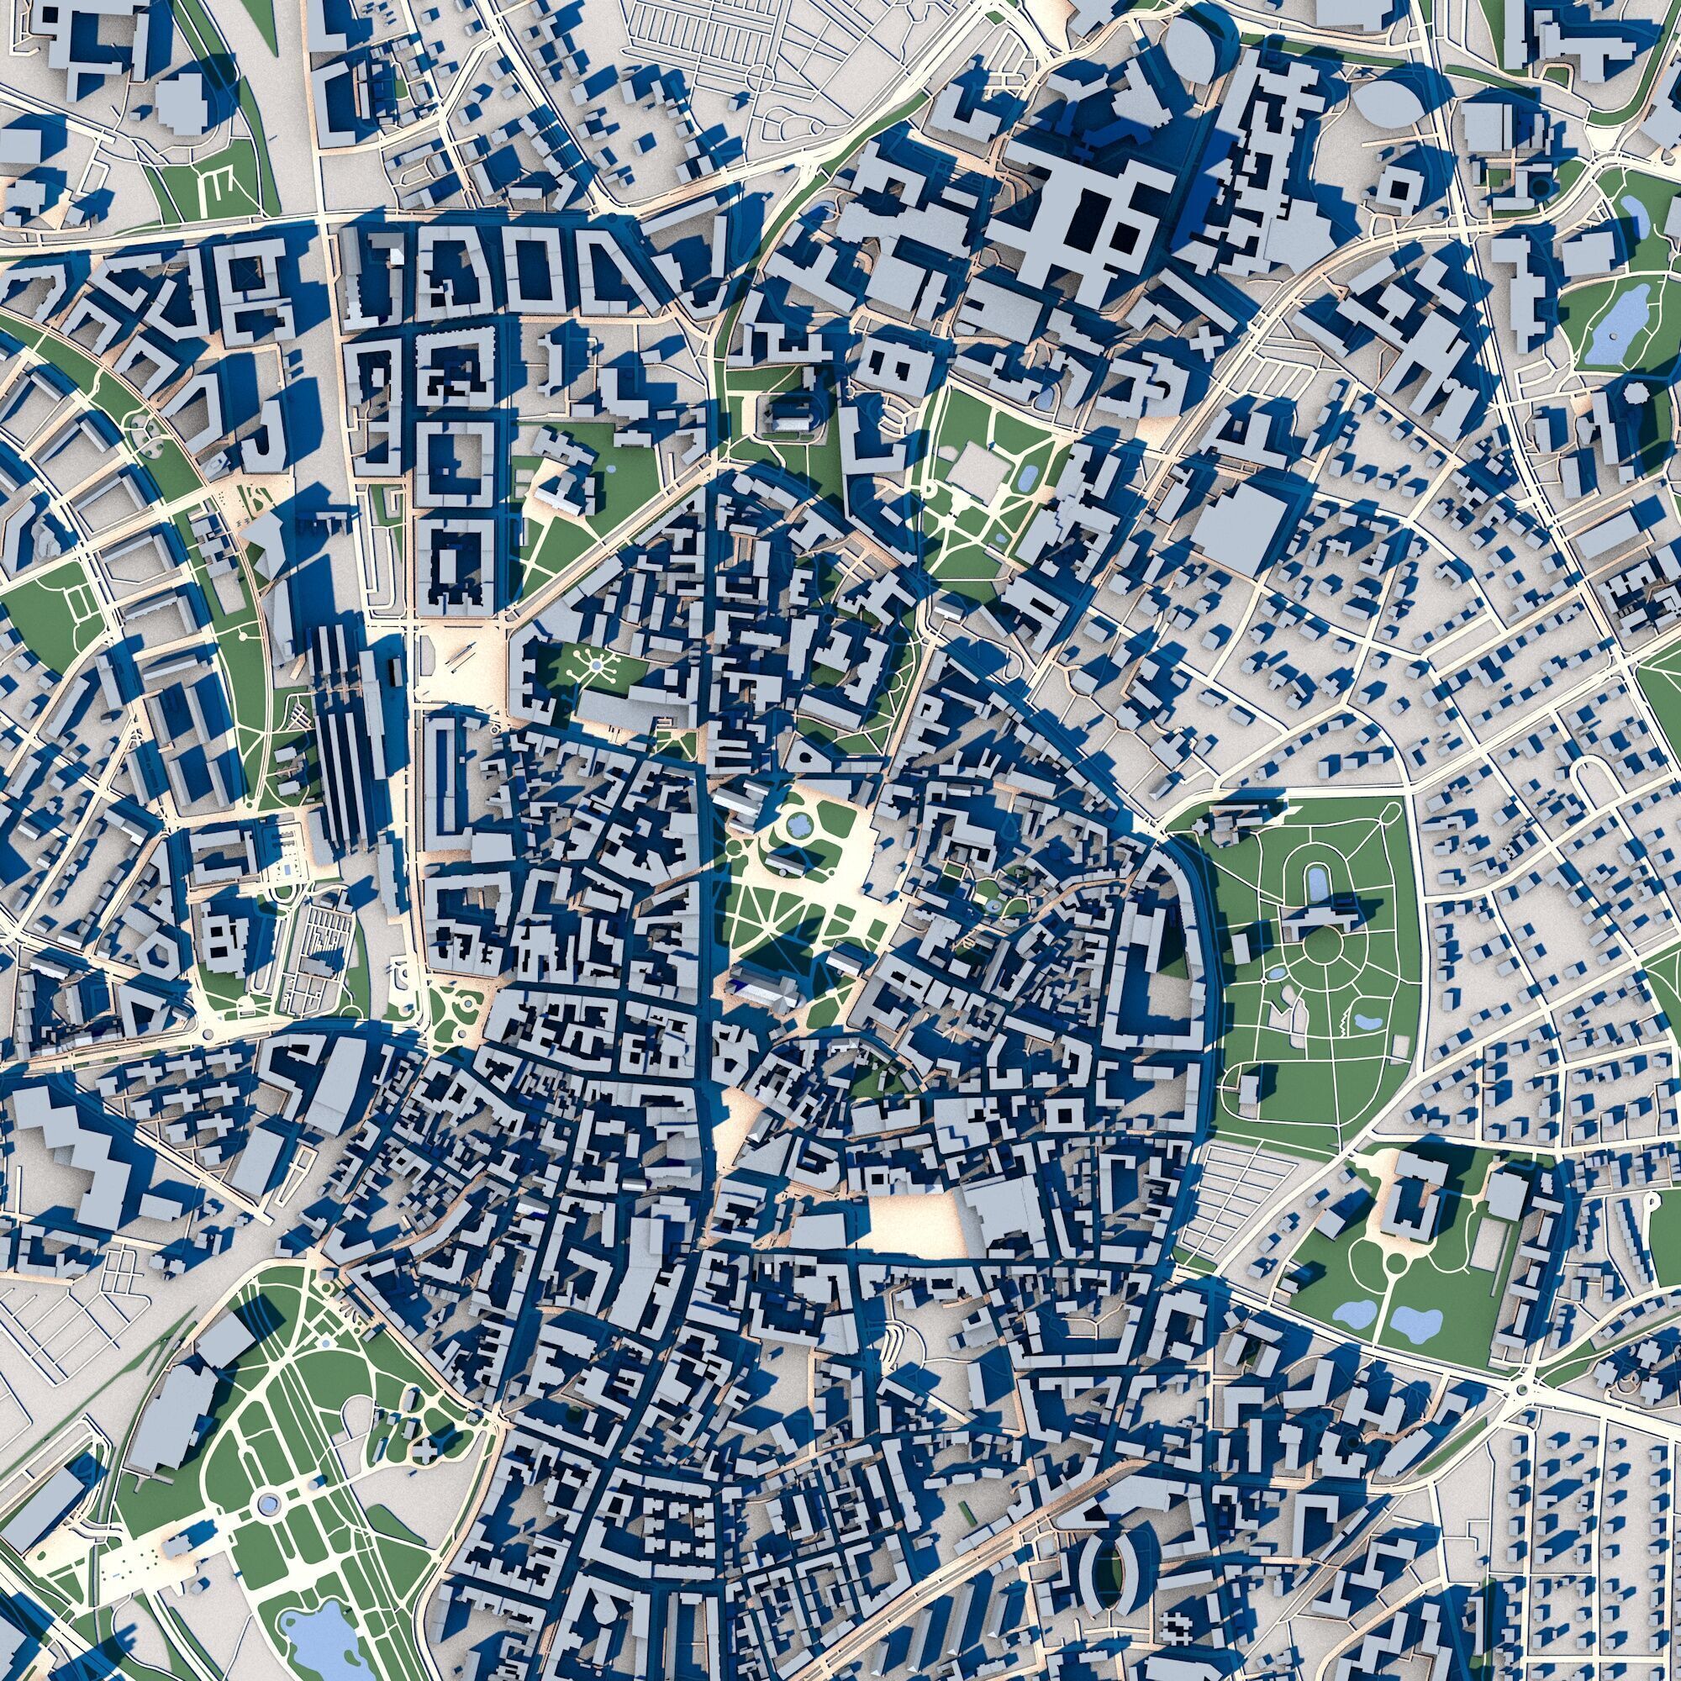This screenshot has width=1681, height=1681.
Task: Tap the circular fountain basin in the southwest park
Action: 269,1504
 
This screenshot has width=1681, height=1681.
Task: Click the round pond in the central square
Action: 797,824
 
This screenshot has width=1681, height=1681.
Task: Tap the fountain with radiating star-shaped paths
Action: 596,666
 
